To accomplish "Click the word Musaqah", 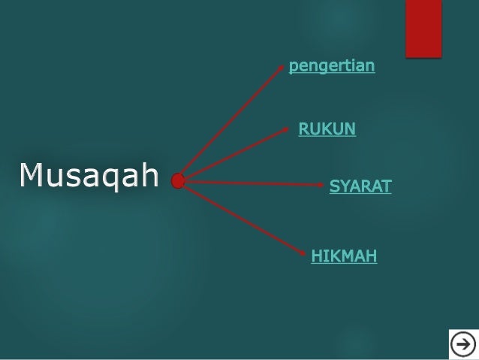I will [x=89, y=175].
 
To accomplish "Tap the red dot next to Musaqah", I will [x=178, y=181].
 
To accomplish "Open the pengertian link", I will [x=332, y=66].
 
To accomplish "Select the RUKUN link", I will [x=327, y=129].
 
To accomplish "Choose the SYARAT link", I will [x=360, y=186].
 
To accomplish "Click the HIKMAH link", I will [x=344, y=256].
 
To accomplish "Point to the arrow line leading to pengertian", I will [x=233, y=123].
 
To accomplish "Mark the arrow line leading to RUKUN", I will [x=234, y=154].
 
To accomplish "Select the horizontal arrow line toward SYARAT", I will [x=252, y=182].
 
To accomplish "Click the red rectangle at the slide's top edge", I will [x=423, y=28].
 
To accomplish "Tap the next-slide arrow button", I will [x=463, y=344].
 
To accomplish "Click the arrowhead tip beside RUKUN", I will [x=288, y=129].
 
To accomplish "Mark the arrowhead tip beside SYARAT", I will [x=323, y=183].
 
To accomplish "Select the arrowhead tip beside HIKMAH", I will [x=306, y=254].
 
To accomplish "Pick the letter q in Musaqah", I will [x=119, y=177].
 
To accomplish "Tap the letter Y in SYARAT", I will [x=346, y=186].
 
